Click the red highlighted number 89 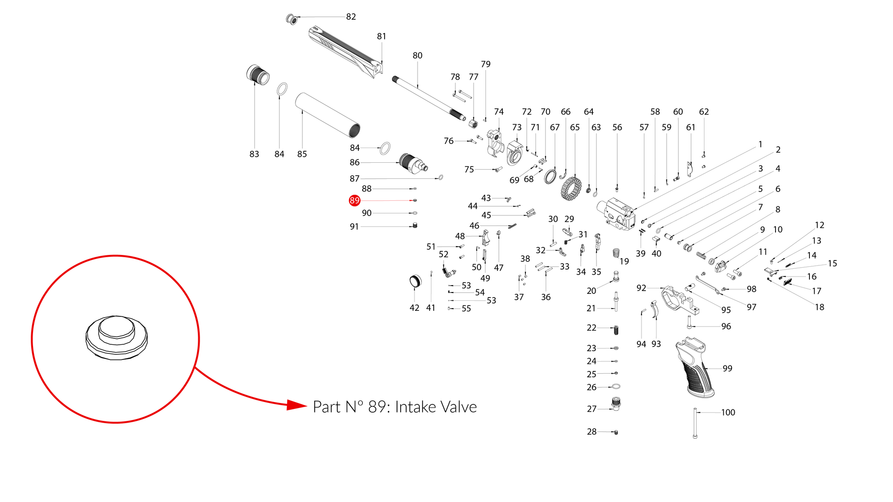tap(354, 200)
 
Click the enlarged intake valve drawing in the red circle tap(117, 337)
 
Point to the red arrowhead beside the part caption tap(296, 405)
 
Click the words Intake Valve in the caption tap(436, 407)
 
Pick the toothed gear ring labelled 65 tap(571, 188)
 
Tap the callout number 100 tap(728, 413)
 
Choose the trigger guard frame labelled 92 tap(680, 301)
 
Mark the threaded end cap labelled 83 tap(257, 75)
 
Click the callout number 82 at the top tap(351, 17)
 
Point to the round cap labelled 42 tap(415, 281)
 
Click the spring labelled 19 tap(616, 253)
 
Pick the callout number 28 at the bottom tap(592, 432)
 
